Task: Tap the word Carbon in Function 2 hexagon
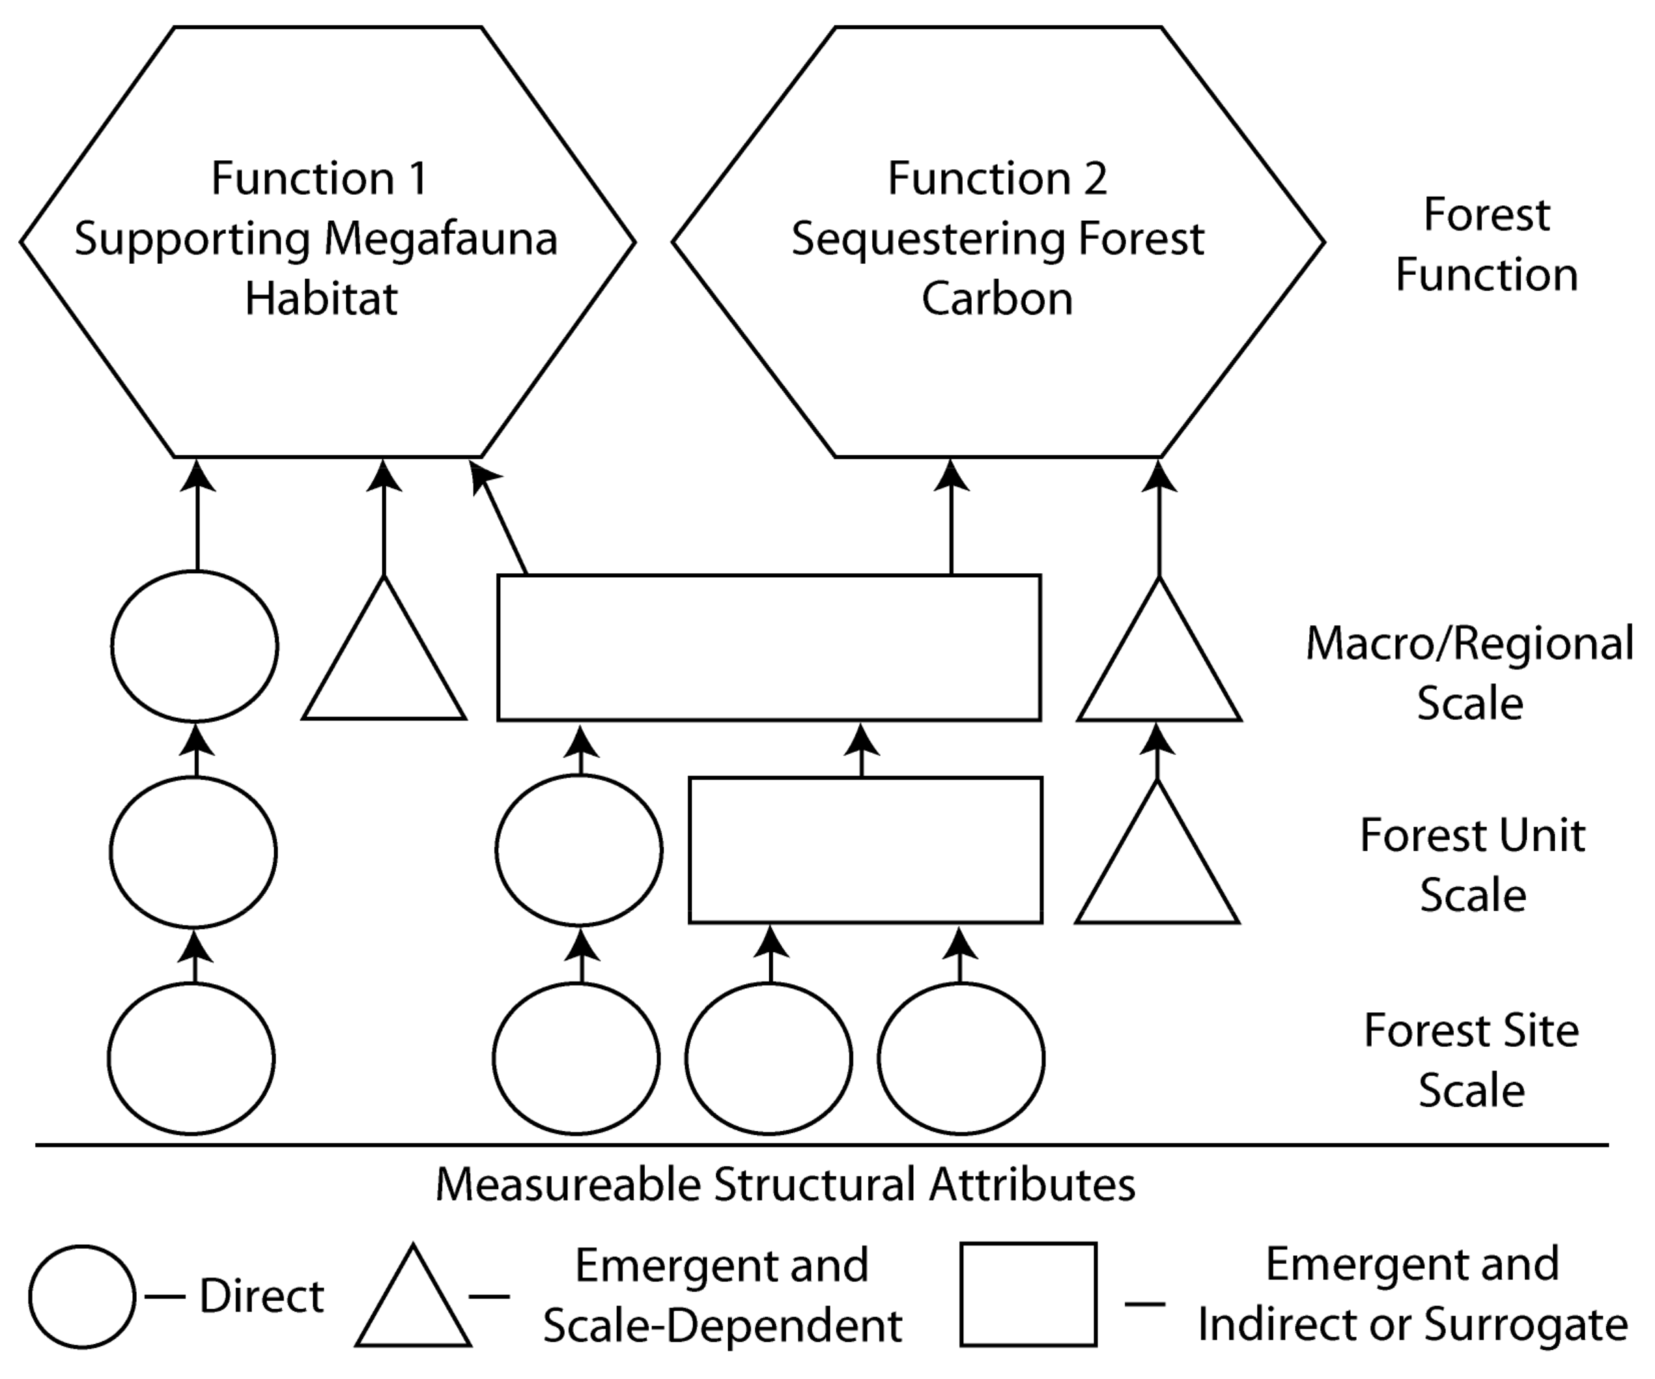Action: [x=997, y=300]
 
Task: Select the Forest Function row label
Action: [x=1486, y=245]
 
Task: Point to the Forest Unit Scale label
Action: [x=1472, y=865]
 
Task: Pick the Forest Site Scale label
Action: [x=1471, y=1060]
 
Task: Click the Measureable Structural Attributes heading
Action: [x=785, y=1184]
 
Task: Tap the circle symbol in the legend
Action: [x=82, y=1296]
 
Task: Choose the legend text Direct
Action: [x=262, y=1296]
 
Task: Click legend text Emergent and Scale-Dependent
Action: [x=722, y=1295]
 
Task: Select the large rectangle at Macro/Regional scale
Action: [x=769, y=647]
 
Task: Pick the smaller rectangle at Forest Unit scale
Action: [x=866, y=850]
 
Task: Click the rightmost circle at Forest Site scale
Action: [x=961, y=1059]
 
